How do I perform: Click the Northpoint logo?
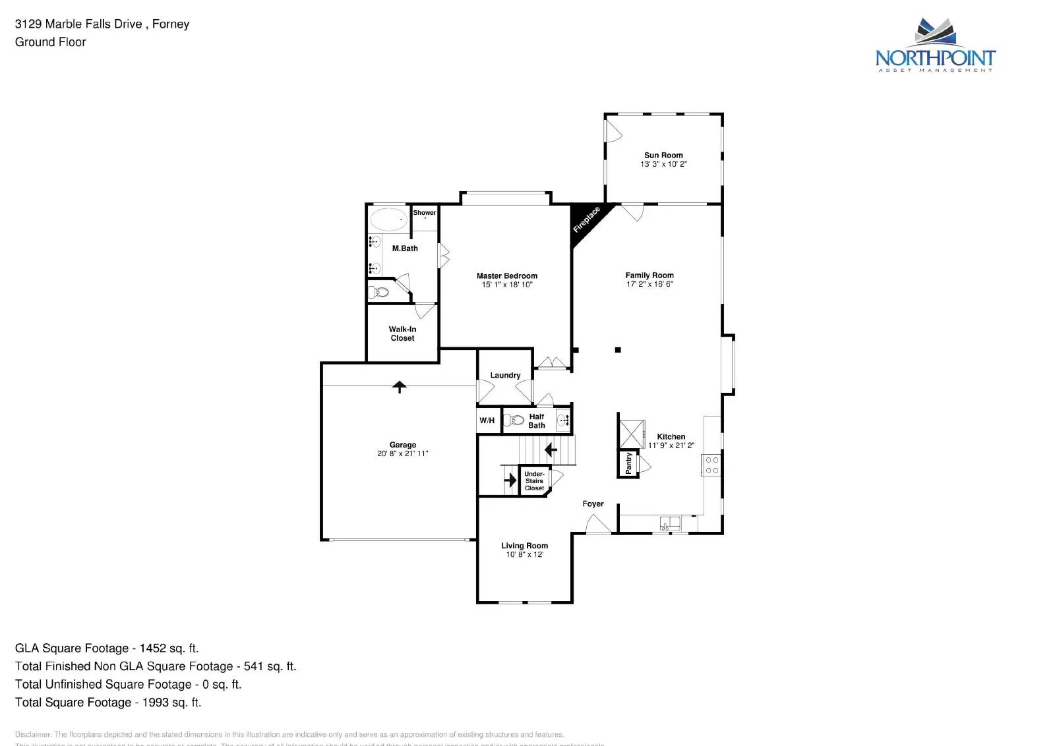(x=935, y=45)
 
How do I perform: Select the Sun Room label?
(x=663, y=156)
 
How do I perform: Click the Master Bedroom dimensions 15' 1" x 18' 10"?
(x=507, y=285)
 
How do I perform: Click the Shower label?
(x=425, y=213)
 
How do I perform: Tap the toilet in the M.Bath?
(x=379, y=292)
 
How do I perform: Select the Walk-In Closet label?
(x=402, y=333)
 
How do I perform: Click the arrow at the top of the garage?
(x=399, y=386)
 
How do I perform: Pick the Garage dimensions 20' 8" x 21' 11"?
(x=402, y=453)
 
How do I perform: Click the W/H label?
(x=487, y=420)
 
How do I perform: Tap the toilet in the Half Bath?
(x=514, y=420)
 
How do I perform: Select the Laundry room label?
(x=505, y=375)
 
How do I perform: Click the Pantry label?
(x=628, y=463)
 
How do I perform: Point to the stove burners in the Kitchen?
(x=712, y=465)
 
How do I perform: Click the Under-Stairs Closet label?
(x=534, y=481)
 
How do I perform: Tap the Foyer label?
(x=593, y=503)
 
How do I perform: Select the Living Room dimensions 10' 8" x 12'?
(x=524, y=555)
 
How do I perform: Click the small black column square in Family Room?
(x=618, y=350)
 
